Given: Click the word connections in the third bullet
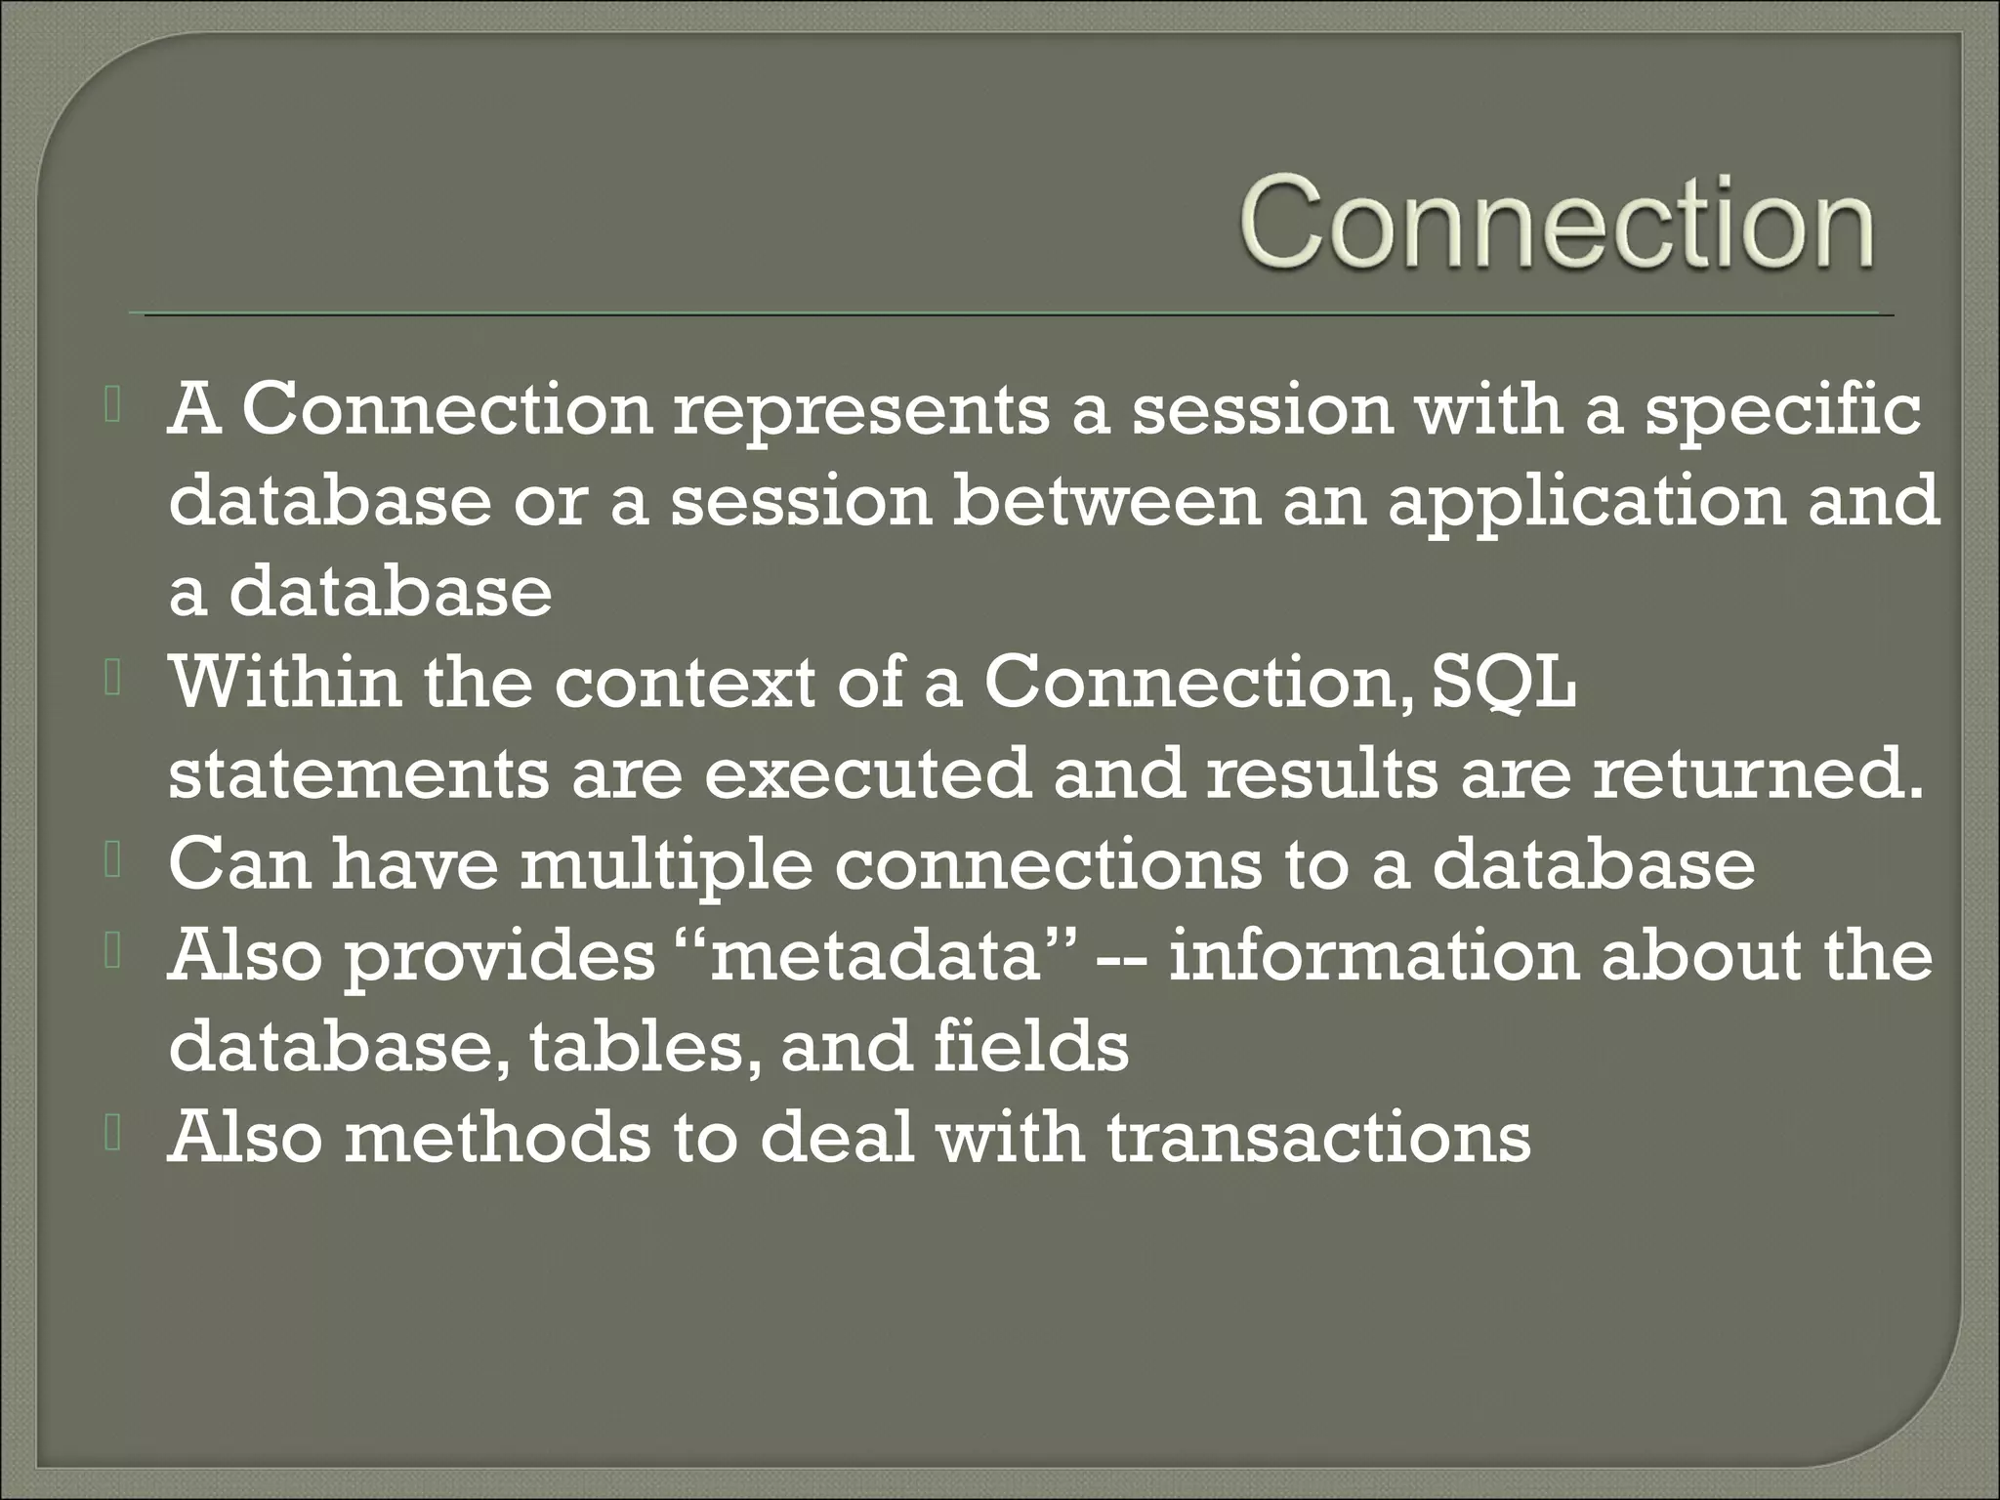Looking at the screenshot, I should (1048, 865).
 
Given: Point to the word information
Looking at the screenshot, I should (1374, 957).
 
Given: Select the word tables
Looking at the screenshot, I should (645, 1047).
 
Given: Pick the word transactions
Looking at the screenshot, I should (1318, 1139).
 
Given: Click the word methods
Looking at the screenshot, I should (497, 1139).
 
